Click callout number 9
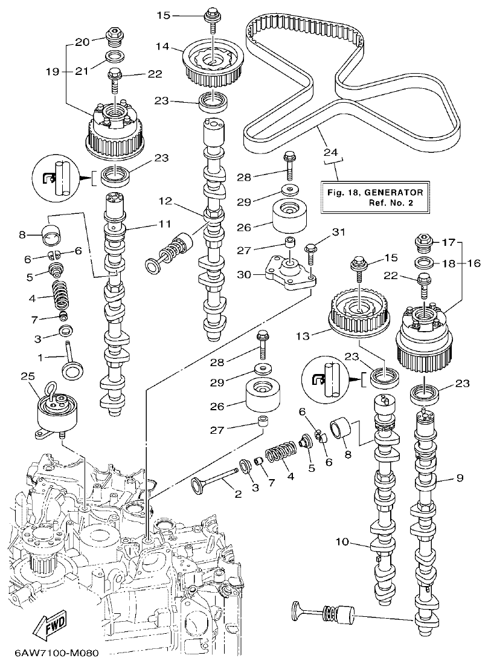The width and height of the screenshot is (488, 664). tap(460, 479)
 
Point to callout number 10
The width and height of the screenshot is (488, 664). tap(342, 542)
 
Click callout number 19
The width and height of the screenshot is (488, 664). tap(53, 71)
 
